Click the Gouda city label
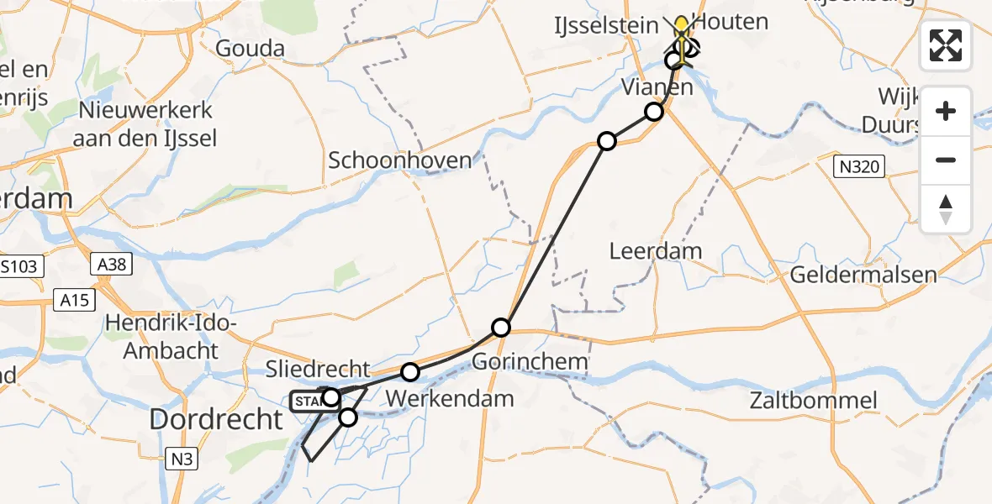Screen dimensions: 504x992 [x=250, y=49]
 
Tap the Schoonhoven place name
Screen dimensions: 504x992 [x=399, y=160]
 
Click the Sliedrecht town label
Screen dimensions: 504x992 [x=317, y=369]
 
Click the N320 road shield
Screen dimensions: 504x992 [x=857, y=166]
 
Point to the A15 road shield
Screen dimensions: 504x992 [x=75, y=300]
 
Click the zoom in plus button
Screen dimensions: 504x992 [x=946, y=112]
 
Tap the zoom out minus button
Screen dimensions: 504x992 [x=946, y=160]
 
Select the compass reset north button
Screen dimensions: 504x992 [x=946, y=208]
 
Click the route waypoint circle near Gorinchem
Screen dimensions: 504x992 [x=501, y=327]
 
